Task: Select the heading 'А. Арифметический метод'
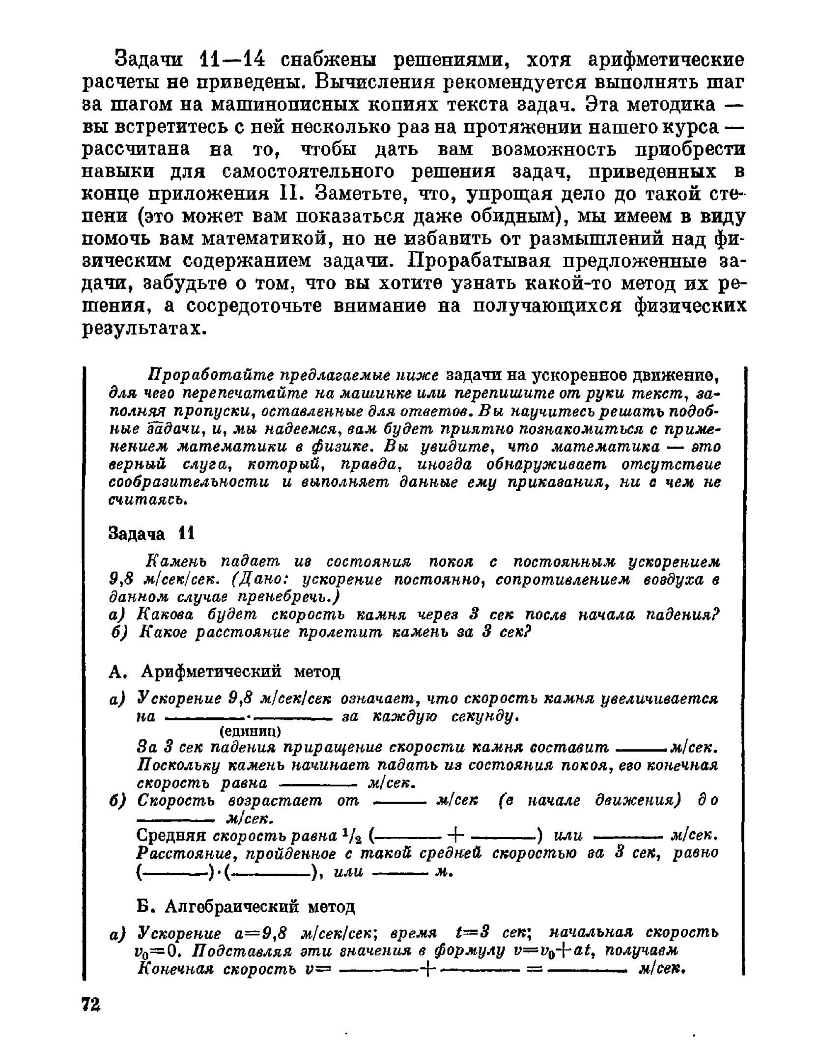pyautogui.click(x=224, y=670)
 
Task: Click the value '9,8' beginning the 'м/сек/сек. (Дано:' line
pyautogui.click(x=119, y=580)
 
